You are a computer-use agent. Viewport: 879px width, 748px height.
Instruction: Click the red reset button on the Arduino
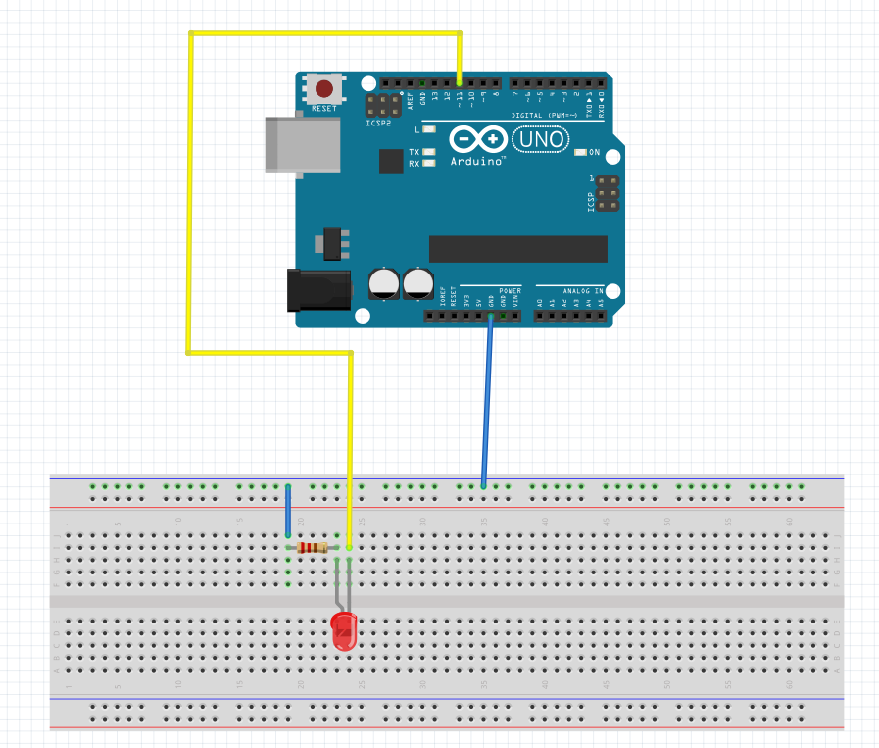[x=323, y=88]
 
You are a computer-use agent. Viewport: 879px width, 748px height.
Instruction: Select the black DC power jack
[x=317, y=291]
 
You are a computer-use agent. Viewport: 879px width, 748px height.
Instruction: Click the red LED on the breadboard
[x=344, y=632]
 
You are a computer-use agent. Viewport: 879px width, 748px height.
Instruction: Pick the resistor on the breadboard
[x=313, y=547]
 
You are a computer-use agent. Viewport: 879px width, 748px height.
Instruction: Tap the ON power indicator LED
[x=581, y=152]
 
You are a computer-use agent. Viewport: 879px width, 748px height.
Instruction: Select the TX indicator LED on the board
[x=428, y=152]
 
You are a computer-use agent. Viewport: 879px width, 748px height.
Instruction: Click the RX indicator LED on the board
[x=428, y=164]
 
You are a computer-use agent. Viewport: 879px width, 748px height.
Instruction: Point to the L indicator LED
[x=428, y=129]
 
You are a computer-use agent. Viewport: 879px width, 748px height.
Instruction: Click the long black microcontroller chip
[x=517, y=249]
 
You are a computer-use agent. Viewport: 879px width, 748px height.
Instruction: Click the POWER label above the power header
[x=510, y=291]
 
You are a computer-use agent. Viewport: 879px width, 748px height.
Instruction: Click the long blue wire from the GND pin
[x=487, y=402]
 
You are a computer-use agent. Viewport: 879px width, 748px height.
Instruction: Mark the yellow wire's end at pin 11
[x=460, y=82]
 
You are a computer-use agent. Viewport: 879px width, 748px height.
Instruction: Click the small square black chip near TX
[x=391, y=160]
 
